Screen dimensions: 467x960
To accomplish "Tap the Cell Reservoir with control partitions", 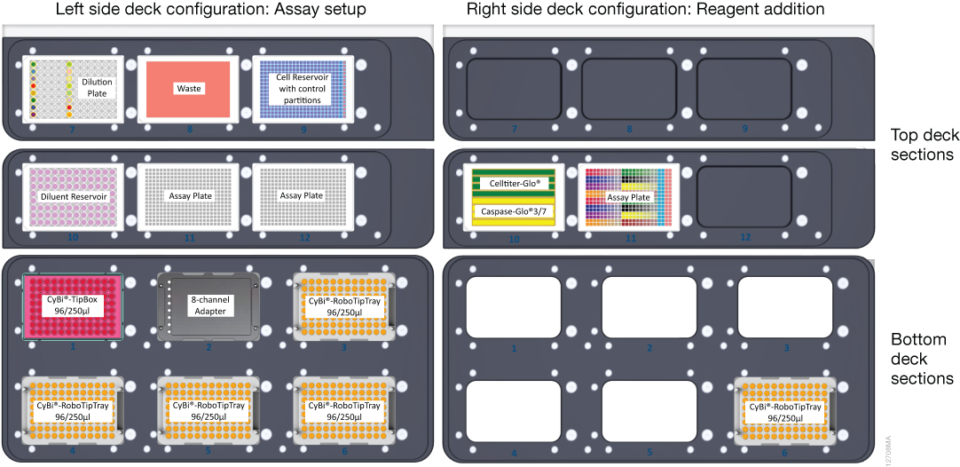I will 303,89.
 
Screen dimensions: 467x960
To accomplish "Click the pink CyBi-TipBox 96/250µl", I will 74,305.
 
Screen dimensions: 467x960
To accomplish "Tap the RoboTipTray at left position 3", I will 345,305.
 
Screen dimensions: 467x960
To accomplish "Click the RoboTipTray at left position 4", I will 74,409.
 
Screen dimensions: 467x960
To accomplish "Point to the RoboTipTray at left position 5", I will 209,409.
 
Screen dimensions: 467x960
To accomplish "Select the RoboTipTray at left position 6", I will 345,409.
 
